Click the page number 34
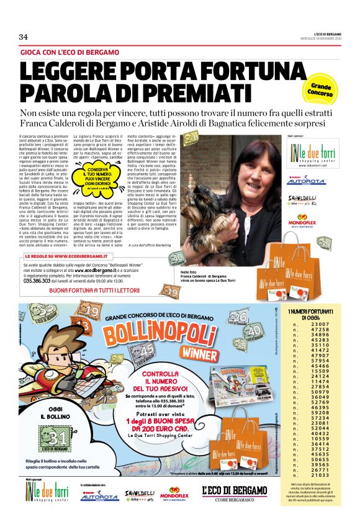click(x=24, y=37)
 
